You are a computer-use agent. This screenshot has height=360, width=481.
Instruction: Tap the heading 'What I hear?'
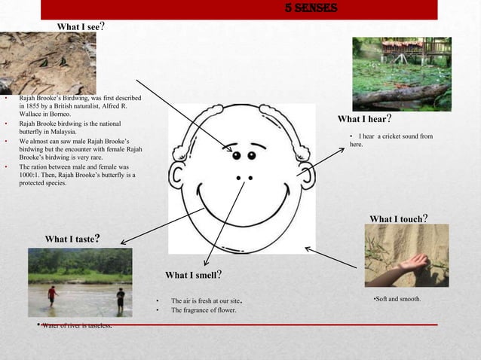tap(364, 119)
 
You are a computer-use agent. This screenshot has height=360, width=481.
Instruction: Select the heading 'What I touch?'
tap(399, 219)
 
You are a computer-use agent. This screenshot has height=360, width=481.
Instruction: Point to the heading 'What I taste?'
tap(73, 239)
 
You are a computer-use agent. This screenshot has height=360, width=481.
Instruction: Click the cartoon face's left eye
tap(236, 156)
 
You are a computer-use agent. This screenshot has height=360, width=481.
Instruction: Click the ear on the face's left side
tap(179, 175)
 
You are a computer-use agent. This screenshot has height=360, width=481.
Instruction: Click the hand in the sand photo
tap(407, 262)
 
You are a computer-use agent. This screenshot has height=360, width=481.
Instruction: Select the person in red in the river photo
tap(51, 294)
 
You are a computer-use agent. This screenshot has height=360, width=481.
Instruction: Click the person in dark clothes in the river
tap(120, 299)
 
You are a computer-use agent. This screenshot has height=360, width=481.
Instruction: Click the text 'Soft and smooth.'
tap(397, 299)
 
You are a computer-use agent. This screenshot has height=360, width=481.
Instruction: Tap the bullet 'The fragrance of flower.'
tap(204, 310)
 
